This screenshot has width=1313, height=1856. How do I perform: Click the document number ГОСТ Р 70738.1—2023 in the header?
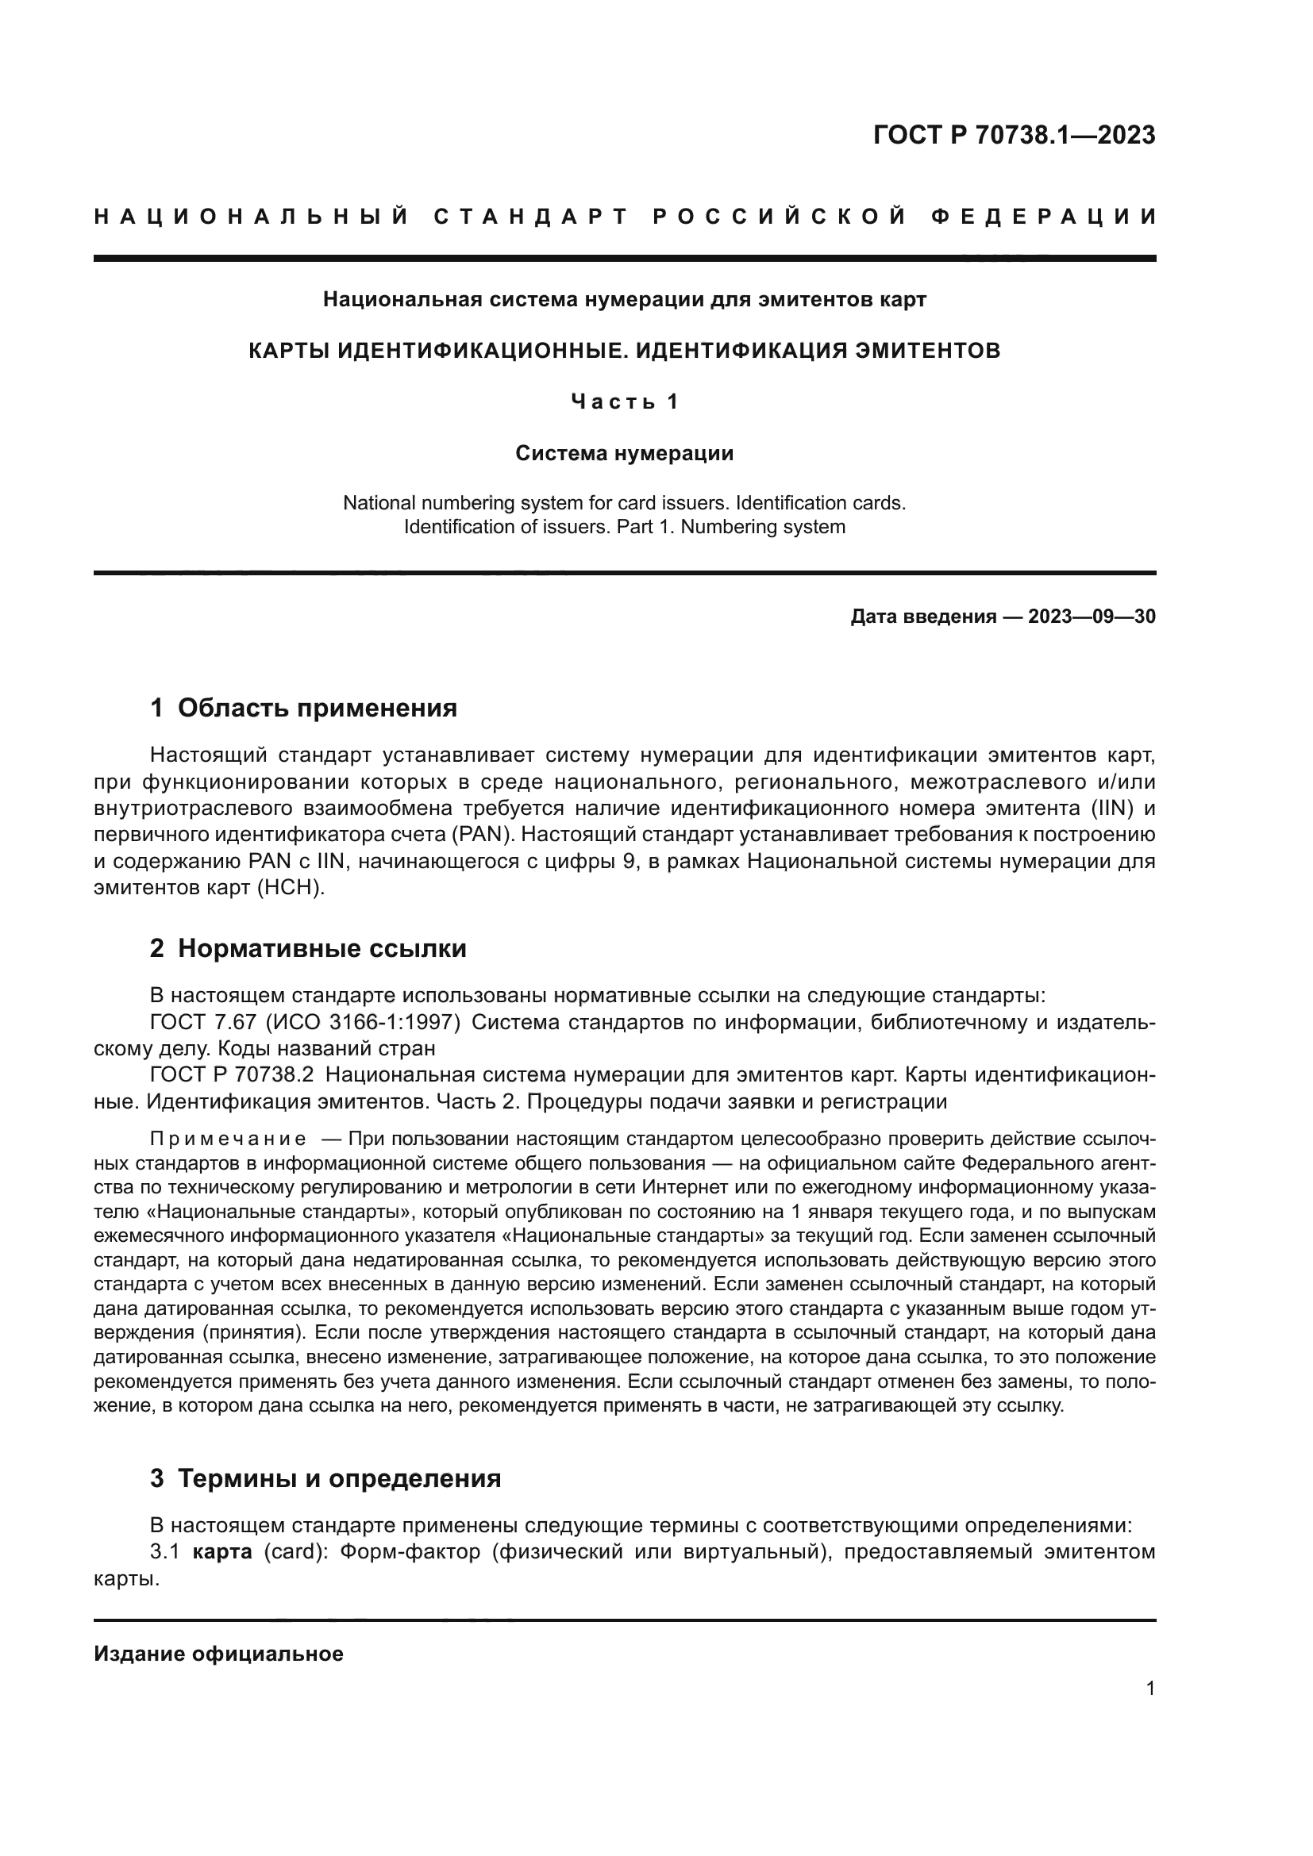pos(1014,135)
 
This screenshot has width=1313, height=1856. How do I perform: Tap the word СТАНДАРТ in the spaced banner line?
pos(530,217)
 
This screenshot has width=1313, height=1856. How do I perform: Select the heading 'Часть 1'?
pos(624,402)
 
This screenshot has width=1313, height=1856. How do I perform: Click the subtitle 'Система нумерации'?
pos(624,454)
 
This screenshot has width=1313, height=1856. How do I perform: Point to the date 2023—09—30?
pos(1092,617)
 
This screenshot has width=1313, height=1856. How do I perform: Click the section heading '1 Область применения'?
pos(303,708)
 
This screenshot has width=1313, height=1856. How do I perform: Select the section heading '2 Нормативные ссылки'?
pos(308,948)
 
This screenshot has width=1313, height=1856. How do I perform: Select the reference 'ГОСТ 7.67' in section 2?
pos(202,1023)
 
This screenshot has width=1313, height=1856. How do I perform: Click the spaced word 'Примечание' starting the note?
pos(228,1139)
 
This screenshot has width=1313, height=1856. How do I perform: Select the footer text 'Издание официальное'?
pos(218,1654)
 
